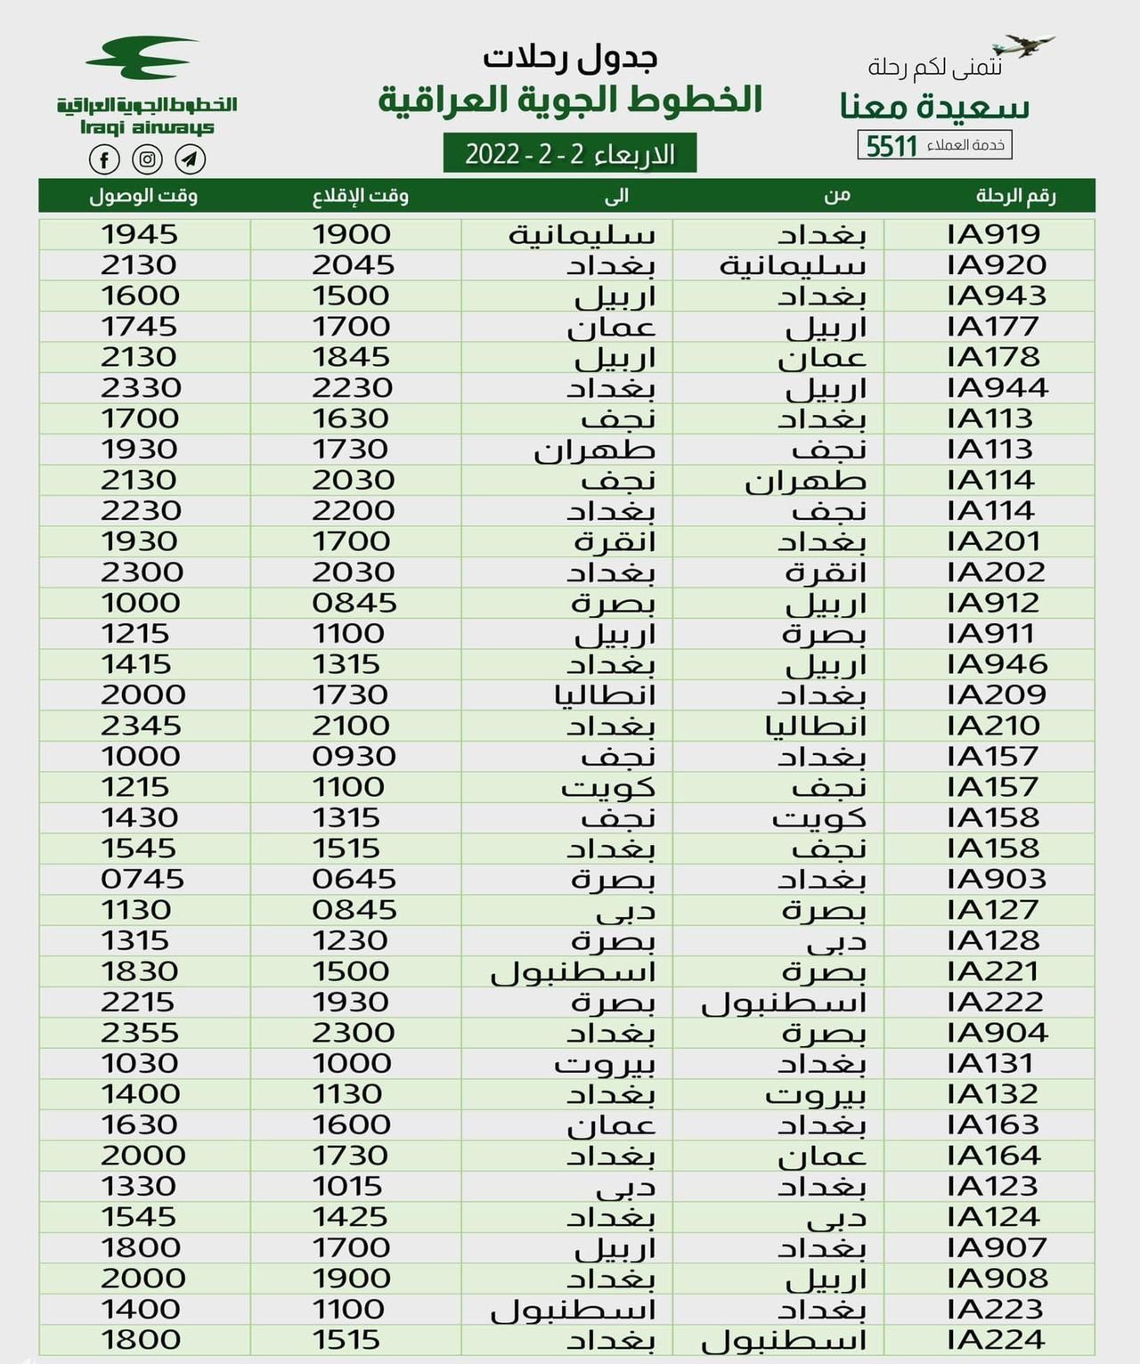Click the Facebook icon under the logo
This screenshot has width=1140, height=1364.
pyautogui.click(x=104, y=159)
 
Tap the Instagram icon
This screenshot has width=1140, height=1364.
pyautogui.click(x=147, y=159)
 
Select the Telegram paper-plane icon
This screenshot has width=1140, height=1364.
pyautogui.click(x=190, y=159)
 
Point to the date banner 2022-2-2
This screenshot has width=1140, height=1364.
pyautogui.click(x=569, y=154)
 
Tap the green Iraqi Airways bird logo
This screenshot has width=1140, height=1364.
pyautogui.click(x=142, y=58)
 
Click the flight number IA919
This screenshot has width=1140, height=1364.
pyautogui.click(x=993, y=235)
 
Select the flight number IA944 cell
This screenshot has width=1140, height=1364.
pyautogui.click(x=997, y=388)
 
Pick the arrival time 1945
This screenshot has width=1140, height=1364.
pyautogui.click(x=140, y=235)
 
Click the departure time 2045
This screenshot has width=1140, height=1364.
pyautogui.click(x=353, y=265)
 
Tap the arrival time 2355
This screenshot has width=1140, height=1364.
pyautogui.click(x=140, y=1033)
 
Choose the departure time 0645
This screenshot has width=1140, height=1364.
pyautogui.click(x=354, y=880)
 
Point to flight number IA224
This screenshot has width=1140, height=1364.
pyautogui.click(x=994, y=1340)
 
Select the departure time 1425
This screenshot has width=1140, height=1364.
pyautogui.click(x=350, y=1217)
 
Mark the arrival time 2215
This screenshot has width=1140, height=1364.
pyautogui.click(x=138, y=1003)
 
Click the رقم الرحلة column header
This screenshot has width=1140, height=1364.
pyautogui.click(x=1015, y=196)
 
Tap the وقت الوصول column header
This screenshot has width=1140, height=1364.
pyautogui.click(x=143, y=196)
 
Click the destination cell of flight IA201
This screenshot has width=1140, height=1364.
pyautogui.click(x=615, y=541)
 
